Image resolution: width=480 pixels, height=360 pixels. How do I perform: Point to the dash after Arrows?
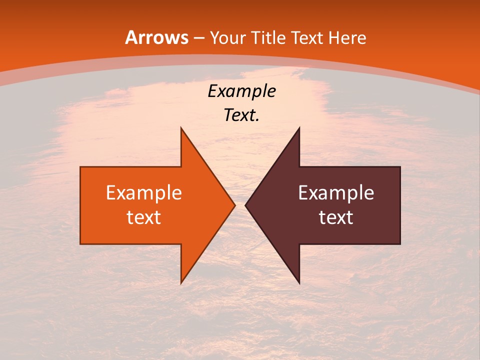pyautogui.click(x=198, y=38)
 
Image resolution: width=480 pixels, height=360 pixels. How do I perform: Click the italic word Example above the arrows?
pyautogui.click(x=241, y=91)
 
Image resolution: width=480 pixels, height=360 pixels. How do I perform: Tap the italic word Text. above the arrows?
pyautogui.click(x=241, y=115)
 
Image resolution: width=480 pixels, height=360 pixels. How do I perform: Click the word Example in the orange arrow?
pyautogui.click(x=144, y=193)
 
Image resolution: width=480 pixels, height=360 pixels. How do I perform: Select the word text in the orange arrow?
pyautogui.click(x=144, y=217)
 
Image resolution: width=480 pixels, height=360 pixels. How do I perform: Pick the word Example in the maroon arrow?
pyautogui.click(x=336, y=193)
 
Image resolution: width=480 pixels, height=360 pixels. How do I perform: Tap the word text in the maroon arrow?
pyautogui.click(x=336, y=217)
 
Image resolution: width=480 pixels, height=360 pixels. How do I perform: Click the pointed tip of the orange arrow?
pyautogui.click(x=234, y=205)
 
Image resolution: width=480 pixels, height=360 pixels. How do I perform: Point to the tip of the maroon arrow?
pyautogui.click(x=245, y=205)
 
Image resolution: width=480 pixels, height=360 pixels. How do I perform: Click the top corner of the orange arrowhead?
pyautogui.click(x=181, y=128)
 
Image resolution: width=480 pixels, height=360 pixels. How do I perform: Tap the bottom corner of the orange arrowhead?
pyautogui.click(x=181, y=283)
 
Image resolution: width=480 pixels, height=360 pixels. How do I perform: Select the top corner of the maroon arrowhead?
pyautogui.click(x=299, y=128)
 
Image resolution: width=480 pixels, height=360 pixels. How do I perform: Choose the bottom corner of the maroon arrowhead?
pyautogui.click(x=299, y=283)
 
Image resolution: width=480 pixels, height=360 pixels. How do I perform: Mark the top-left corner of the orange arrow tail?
pyautogui.click(x=80, y=167)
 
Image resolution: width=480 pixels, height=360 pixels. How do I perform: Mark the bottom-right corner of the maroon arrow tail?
pyautogui.click(x=400, y=244)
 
